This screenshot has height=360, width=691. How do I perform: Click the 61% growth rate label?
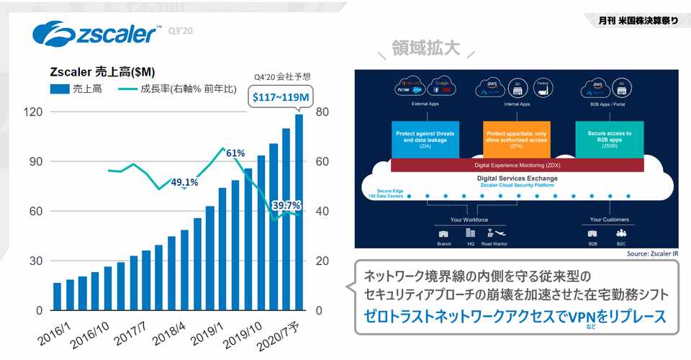pyautogui.click(x=235, y=153)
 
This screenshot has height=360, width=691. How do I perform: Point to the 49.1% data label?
pyautogui.click(x=185, y=182)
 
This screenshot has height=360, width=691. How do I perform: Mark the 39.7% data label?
pyautogui.click(x=286, y=205)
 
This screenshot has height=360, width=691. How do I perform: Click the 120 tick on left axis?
pyautogui.click(x=33, y=112)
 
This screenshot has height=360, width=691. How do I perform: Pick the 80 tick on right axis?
pyautogui.click(x=322, y=112)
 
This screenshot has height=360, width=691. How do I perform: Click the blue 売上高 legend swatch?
pyautogui.click(x=59, y=90)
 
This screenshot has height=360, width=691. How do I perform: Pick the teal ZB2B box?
pyautogui.click(x=609, y=139)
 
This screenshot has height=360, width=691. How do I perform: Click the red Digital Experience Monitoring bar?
pyautogui.click(x=516, y=166)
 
